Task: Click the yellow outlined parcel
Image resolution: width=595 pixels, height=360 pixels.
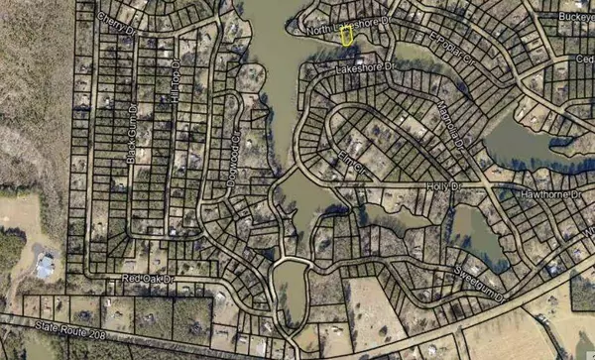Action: (x=347, y=35)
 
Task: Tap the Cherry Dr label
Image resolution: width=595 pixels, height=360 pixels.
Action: (x=116, y=23)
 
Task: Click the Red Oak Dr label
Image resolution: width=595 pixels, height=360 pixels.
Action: (x=147, y=281)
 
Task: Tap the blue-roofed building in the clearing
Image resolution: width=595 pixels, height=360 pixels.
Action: (x=45, y=265)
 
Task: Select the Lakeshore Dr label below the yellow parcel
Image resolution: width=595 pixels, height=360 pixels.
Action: (x=365, y=67)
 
